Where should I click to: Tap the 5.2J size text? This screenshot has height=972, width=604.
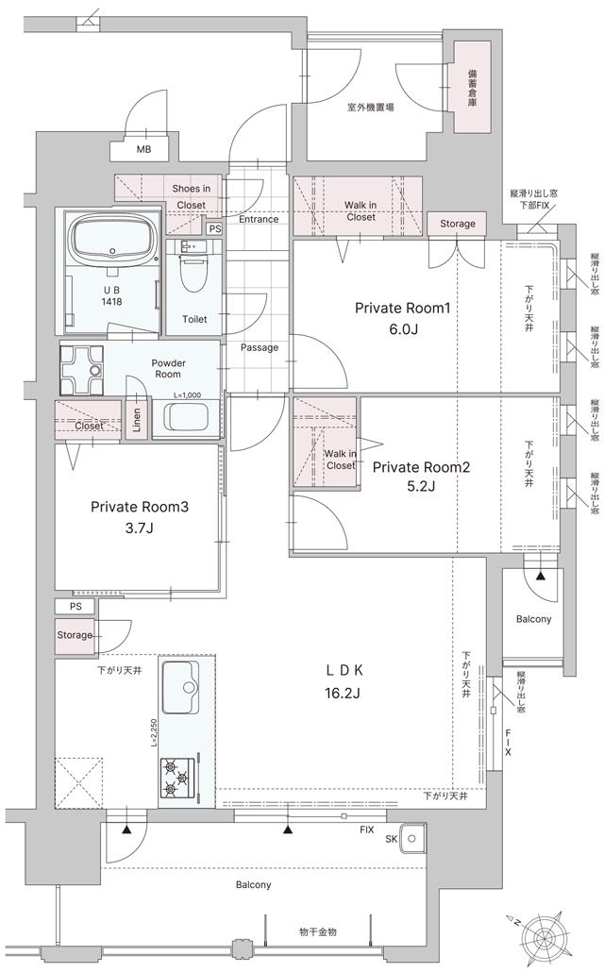click(420, 486)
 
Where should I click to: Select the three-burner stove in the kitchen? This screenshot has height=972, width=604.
click(177, 777)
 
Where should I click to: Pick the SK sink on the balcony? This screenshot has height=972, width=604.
click(412, 838)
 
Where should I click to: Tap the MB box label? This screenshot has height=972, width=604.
click(143, 150)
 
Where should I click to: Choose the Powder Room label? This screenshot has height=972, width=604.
click(169, 368)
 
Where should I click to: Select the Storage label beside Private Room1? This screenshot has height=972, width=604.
click(457, 224)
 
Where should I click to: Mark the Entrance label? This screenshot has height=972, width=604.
click(258, 219)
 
